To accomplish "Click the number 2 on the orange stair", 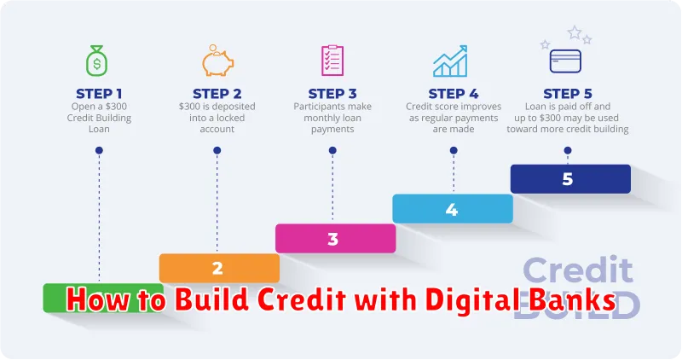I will click(218, 268).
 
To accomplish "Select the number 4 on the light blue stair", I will click(452, 209).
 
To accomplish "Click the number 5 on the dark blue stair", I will click(569, 179).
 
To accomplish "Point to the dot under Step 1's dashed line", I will click(100, 150).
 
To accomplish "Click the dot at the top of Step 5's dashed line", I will click(569, 150).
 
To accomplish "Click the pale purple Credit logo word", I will click(576, 271).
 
